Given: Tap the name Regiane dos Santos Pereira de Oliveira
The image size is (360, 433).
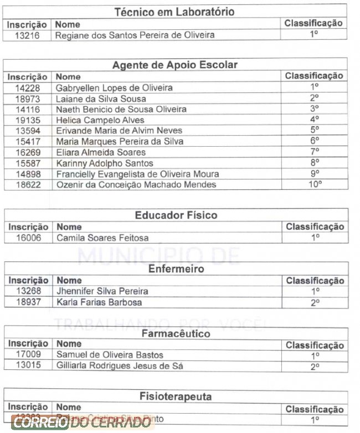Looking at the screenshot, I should [x=135, y=35].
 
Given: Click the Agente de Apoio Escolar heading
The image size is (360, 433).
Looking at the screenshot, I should [x=175, y=65].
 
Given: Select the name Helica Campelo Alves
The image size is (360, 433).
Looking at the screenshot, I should [x=100, y=120].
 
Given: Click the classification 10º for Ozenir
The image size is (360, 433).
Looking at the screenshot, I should [x=315, y=184].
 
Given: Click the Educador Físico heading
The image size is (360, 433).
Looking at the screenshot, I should [x=176, y=215].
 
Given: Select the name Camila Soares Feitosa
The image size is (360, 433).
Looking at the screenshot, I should [x=102, y=238].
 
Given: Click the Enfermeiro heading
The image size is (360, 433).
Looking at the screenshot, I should [x=176, y=269].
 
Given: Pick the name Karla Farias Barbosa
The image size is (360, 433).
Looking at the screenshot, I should [x=99, y=302].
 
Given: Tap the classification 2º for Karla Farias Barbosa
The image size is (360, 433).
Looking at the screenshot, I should [x=315, y=303].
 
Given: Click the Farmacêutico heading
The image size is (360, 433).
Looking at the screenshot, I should [x=176, y=334].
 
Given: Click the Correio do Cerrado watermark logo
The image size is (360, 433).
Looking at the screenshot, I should [x=82, y=423].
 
